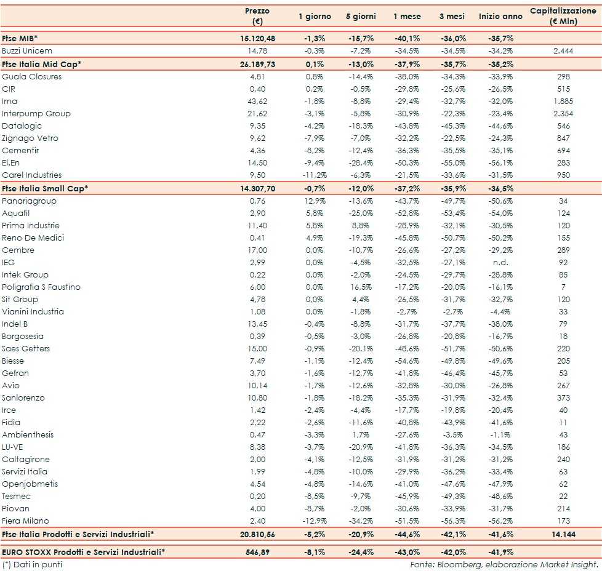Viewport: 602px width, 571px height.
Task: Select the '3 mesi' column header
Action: point(452,17)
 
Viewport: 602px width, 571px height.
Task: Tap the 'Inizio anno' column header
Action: point(500,17)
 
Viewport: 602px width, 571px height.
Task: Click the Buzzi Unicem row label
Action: point(27,50)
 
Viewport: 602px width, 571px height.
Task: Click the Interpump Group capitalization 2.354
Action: point(563,114)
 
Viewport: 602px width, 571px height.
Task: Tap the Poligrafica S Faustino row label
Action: point(41,287)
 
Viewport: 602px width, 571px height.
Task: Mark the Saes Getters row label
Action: point(26,349)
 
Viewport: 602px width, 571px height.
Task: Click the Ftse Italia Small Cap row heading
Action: point(45,188)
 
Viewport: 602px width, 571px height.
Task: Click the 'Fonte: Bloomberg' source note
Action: point(504,564)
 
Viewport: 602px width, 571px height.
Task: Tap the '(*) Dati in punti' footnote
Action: point(32,564)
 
